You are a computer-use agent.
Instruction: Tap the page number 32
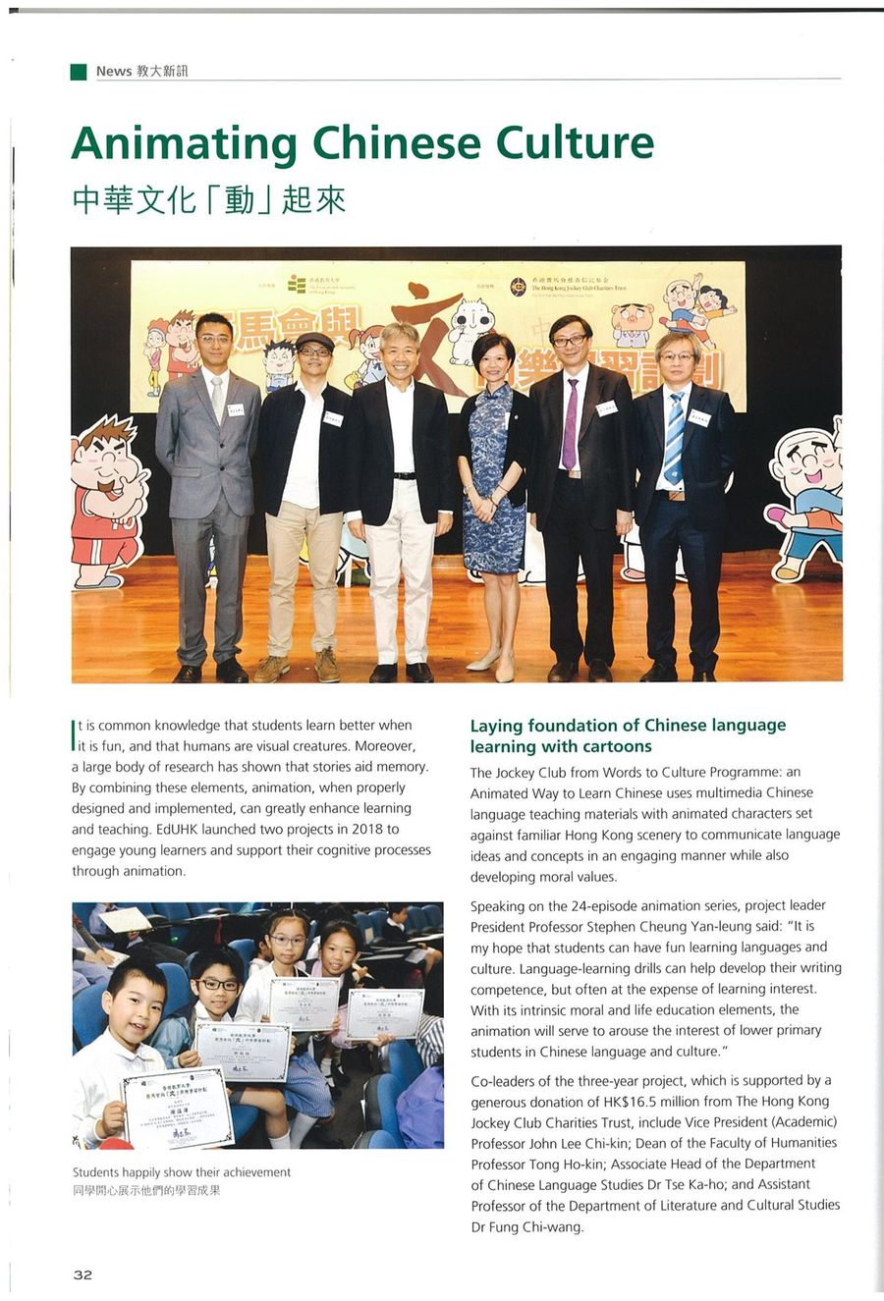point(83,1274)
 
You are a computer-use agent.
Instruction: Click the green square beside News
point(79,71)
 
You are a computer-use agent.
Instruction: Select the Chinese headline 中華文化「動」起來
point(208,199)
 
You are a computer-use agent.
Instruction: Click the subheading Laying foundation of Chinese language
point(628,726)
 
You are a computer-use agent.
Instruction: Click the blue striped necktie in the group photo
point(674,438)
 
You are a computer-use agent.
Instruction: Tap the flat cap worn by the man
point(314,341)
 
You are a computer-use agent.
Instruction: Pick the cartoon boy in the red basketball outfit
point(105,501)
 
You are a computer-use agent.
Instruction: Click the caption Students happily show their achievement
point(182,1171)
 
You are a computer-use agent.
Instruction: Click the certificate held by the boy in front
point(177,1108)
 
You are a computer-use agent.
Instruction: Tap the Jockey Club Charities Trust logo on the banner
point(518,287)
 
